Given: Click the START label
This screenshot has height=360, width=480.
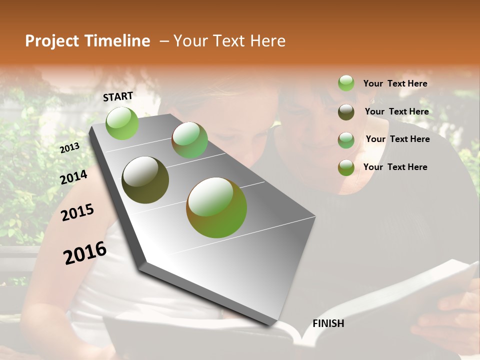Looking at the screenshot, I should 118,96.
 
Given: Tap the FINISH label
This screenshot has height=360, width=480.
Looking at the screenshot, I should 328,323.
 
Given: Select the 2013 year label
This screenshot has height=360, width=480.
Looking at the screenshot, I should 69,147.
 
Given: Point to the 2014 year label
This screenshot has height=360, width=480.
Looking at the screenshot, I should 73,177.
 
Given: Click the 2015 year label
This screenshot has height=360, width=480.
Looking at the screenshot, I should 77,212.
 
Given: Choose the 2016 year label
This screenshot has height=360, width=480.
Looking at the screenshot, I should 85,253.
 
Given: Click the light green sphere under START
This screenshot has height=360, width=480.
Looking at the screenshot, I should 122,123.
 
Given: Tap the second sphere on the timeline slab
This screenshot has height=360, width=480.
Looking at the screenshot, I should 189,140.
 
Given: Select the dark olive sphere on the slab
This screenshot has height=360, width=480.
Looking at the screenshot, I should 145,180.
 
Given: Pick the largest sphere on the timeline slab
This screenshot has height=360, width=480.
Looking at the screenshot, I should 216,207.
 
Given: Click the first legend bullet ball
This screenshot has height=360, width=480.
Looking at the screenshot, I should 346,83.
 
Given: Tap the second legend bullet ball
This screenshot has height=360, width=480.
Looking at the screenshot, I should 346,112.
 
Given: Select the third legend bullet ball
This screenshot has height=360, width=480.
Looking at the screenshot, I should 346,140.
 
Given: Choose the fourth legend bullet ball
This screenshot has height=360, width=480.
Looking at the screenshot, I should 346,167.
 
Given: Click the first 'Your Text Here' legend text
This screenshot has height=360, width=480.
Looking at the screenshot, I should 395,83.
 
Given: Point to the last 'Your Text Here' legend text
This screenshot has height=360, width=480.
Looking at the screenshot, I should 395,167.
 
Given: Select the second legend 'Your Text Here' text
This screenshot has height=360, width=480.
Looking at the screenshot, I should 396,111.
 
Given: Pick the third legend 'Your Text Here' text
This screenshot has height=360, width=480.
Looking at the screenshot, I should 397,139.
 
